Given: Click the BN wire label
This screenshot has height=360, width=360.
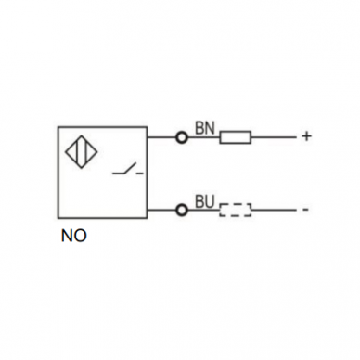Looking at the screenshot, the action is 205,128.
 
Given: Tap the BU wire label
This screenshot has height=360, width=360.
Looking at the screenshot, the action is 205,201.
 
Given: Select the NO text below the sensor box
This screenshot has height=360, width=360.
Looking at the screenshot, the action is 74,236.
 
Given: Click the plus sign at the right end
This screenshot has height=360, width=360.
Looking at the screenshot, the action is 306,136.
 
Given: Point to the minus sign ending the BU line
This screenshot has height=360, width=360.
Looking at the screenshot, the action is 305,210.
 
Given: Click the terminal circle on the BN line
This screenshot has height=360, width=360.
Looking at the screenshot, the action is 182,137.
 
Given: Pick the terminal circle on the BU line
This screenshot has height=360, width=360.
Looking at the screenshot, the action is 182,211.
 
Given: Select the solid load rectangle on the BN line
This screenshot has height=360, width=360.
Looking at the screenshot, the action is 236,137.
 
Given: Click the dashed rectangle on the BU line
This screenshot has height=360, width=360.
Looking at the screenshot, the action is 236,210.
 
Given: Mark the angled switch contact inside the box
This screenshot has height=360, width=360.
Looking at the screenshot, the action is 124,169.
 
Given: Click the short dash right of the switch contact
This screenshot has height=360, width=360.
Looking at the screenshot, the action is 140,174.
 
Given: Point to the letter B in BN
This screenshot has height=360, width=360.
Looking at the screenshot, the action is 199,128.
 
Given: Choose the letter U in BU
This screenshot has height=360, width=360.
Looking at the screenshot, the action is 210,201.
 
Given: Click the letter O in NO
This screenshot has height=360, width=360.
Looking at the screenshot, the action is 81,236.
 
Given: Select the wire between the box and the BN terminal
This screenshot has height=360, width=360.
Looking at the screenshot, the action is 161,137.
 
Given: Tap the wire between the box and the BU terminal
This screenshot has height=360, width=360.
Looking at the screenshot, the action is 161,211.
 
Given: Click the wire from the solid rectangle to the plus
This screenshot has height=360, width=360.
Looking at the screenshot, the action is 274,137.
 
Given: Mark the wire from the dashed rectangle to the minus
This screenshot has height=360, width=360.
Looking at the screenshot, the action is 274,211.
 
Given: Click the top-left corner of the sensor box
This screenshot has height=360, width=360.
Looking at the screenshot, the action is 58,127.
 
